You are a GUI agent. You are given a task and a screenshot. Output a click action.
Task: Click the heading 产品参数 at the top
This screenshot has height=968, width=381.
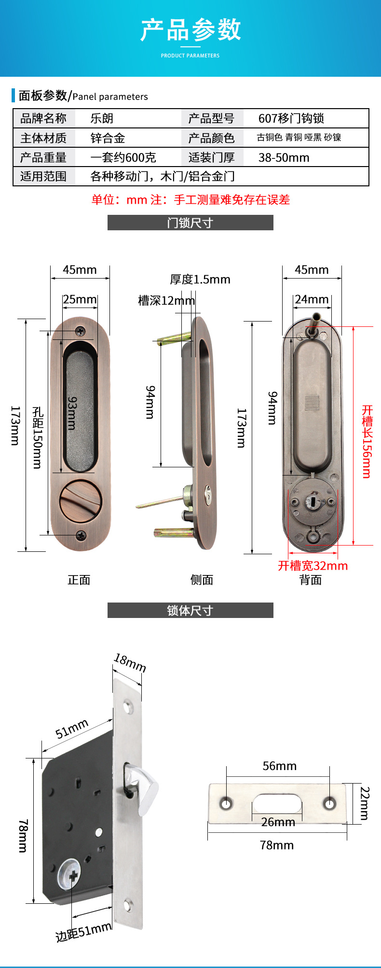190,30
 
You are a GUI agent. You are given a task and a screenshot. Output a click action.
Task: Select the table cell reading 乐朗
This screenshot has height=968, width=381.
102,118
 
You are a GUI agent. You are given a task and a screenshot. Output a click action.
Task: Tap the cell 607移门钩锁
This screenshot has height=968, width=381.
291,118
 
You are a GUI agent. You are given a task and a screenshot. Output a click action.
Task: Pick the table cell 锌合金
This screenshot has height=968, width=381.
108,138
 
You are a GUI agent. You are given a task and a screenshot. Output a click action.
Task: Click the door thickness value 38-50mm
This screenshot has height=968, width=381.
284,157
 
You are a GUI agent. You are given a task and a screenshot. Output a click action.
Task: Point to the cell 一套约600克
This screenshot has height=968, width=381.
123,157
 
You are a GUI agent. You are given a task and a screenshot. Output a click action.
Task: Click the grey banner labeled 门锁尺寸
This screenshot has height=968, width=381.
190,223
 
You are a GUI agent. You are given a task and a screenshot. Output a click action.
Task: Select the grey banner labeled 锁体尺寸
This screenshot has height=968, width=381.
190,610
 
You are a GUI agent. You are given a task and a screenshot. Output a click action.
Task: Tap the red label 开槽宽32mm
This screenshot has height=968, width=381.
313,565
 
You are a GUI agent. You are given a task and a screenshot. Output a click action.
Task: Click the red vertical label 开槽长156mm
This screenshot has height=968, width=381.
367,441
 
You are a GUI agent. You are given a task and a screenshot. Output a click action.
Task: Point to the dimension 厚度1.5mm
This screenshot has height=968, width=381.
200,279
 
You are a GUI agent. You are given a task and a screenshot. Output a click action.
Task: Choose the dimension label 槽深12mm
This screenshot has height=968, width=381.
166,300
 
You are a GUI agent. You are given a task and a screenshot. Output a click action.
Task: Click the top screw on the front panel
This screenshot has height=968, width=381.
80,331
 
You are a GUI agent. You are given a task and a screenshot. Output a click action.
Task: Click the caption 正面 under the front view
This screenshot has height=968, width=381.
79,580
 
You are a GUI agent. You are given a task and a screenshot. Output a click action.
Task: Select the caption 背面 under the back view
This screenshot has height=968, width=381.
311,580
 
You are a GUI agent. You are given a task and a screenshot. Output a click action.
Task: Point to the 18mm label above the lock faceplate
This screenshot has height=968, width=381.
130,663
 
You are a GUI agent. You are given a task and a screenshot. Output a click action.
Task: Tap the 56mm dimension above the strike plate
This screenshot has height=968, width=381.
279,766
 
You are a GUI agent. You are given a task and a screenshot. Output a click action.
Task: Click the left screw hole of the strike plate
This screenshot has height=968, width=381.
226,803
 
